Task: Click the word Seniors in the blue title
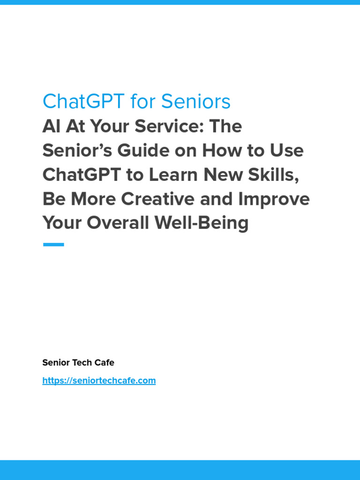[196, 101]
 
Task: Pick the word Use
[286, 151]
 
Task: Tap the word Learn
[172, 175]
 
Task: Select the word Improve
[274, 199]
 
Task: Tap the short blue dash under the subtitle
[53, 244]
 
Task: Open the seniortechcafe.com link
[99, 381]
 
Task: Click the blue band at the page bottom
[180, 470]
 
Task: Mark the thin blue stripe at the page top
[180, 2]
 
